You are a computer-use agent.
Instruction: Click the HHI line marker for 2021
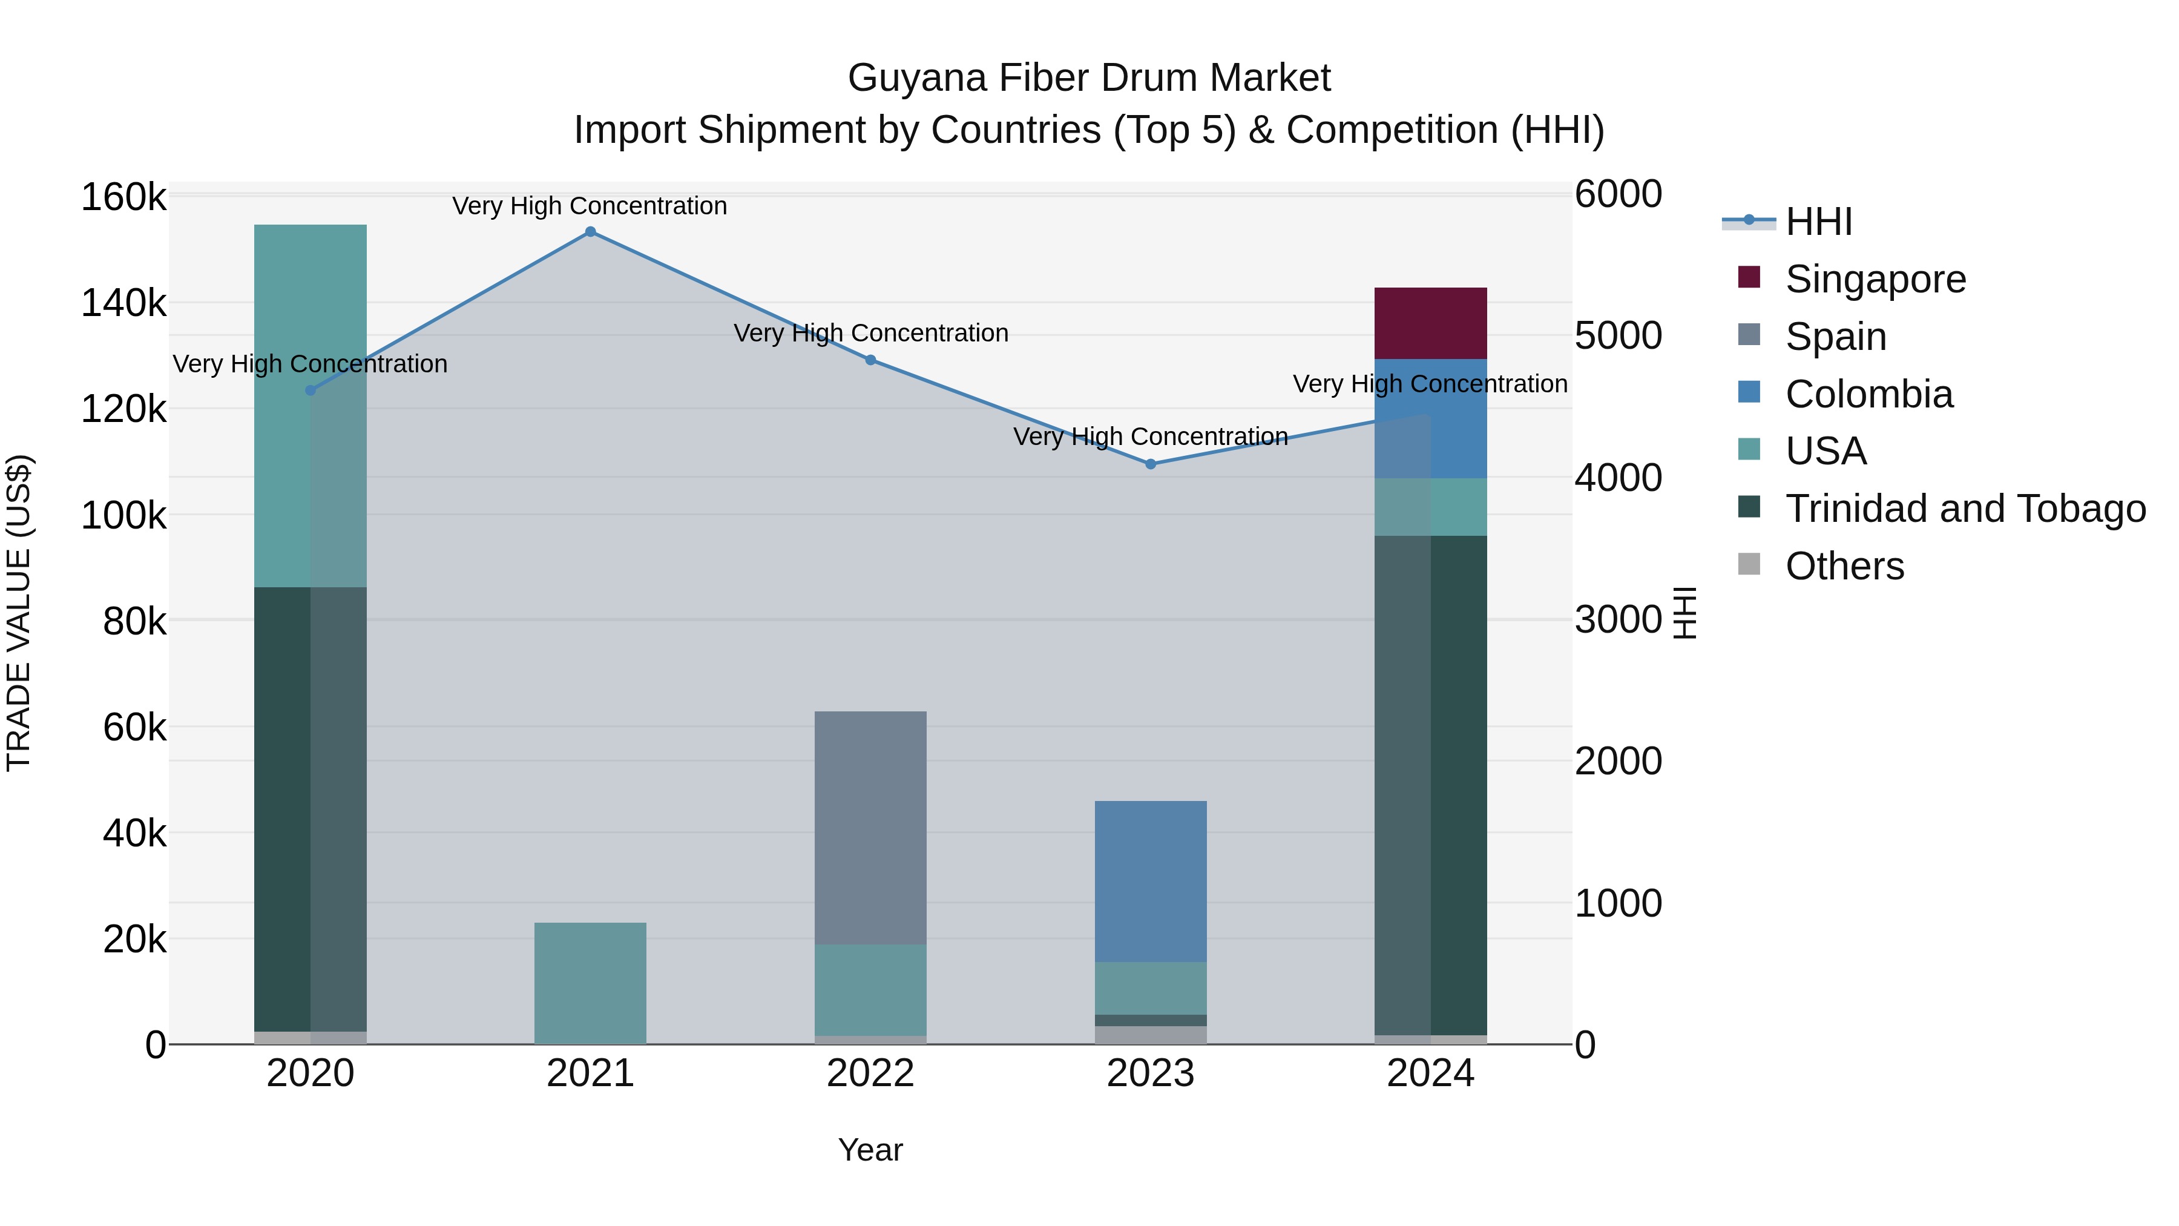tap(590, 232)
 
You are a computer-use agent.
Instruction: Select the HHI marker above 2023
tap(1151, 464)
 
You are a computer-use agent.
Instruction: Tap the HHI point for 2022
tap(870, 360)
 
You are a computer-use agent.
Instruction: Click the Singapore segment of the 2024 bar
tap(1430, 323)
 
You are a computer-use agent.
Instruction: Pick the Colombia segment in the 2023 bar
tap(1151, 881)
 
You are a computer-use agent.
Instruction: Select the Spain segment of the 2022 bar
tap(870, 828)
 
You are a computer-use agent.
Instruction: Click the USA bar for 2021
tap(590, 983)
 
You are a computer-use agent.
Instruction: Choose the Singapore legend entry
tap(1875, 279)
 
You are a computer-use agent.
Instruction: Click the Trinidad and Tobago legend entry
tap(1964, 509)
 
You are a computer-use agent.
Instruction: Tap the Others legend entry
tap(1844, 566)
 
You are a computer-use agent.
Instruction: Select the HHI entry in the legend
tap(1819, 222)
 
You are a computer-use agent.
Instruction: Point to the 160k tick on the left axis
tap(123, 197)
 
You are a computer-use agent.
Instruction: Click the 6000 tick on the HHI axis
tap(1618, 194)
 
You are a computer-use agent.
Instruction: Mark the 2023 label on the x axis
tap(1151, 1073)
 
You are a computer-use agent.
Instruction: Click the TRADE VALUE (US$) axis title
tap(19, 613)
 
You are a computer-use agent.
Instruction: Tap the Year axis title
tap(870, 1150)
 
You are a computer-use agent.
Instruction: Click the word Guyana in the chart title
tap(917, 78)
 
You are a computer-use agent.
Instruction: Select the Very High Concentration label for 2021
tap(590, 206)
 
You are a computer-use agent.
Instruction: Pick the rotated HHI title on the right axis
tap(1685, 613)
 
